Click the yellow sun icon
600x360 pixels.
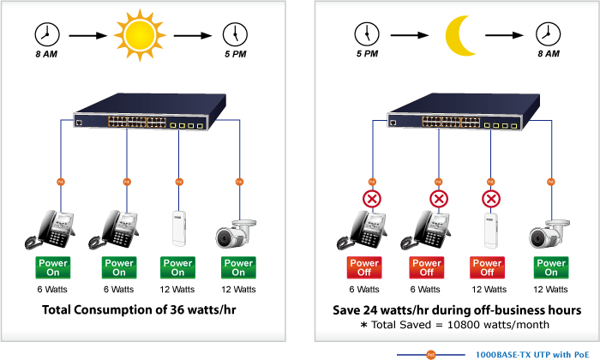click(x=140, y=35)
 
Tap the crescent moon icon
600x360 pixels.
click(x=460, y=36)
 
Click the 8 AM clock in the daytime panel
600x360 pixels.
click(x=47, y=34)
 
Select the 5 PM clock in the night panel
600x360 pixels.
click(x=367, y=34)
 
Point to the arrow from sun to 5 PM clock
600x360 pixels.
click(x=193, y=36)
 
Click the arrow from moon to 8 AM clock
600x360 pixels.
click(x=504, y=35)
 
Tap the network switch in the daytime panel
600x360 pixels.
click(x=150, y=111)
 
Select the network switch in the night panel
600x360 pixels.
click(x=464, y=111)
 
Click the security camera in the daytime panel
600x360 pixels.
click(x=236, y=233)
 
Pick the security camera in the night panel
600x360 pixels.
click(x=549, y=234)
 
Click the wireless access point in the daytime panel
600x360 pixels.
click(x=178, y=228)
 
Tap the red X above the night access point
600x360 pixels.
click(x=491, y=199)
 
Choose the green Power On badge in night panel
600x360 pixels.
click(x=551, y=267)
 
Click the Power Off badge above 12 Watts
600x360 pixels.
click(x=487, y=267)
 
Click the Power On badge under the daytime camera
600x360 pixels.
click(x=238, y=267)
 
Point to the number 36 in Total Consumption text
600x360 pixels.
click(x=177, y=309)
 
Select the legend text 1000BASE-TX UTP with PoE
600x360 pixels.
click(x=532, y=355)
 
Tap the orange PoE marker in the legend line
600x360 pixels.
click(x=431, y=355)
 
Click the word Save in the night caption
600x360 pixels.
click(x=346, y=310)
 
